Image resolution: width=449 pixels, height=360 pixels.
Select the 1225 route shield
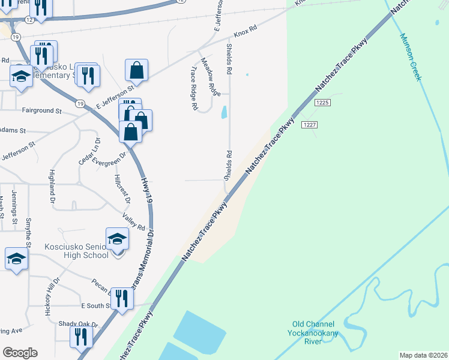(x=322, y=103)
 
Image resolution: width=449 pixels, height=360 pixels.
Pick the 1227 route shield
(x=309, y=124)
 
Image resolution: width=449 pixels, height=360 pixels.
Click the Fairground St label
(x=41, y=111)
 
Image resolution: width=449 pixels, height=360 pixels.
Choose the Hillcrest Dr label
(x=118, y=188)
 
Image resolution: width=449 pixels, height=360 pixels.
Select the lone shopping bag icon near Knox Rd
(x=137, y=70)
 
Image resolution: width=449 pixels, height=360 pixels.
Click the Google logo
(x=20, y=352)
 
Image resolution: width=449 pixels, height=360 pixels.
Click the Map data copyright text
(x=423, y=355)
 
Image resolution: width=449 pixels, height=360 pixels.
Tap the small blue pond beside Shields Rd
(x=224, y=112)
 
